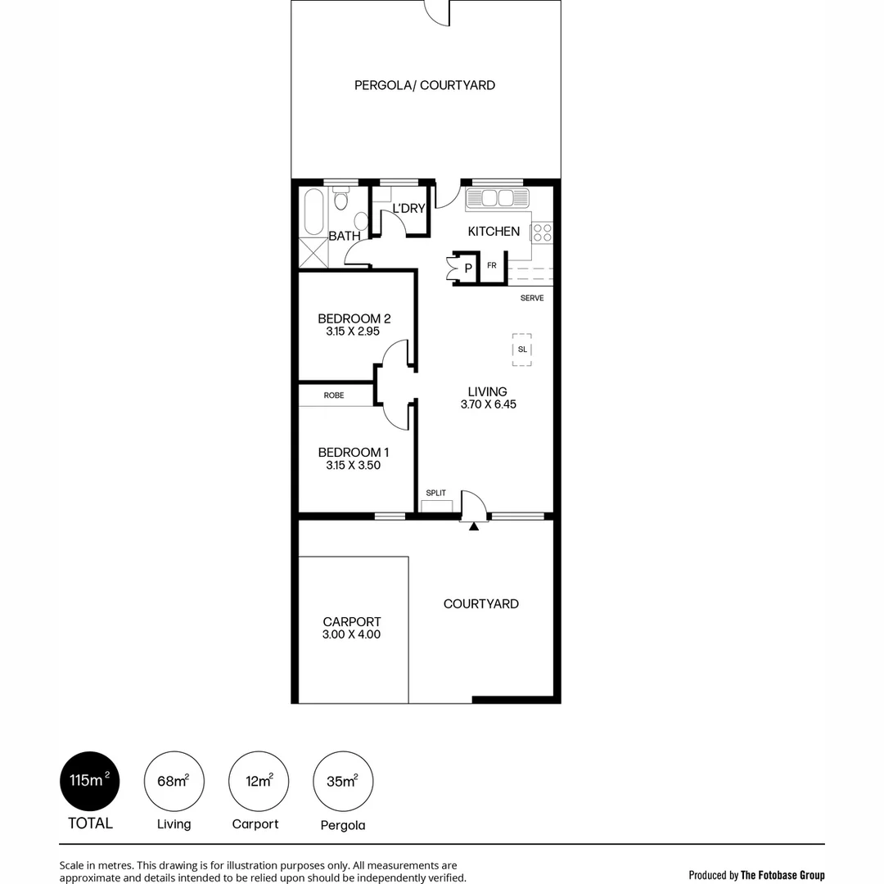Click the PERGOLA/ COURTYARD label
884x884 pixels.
click(x=424, y=85)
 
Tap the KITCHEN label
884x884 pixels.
click(x=494, y=232)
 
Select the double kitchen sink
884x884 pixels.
click(x=498, y=198)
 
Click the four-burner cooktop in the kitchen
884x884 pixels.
click(x=542, y=232)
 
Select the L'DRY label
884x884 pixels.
click(x=409, y=209)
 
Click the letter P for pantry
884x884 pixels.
click(x=468, y=268)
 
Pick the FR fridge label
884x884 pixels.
click(x=492, y=265)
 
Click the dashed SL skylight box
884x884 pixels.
click(x=521, y=350)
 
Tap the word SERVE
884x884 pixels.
click(x=532, y=298)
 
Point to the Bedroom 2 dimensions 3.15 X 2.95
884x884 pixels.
click(x=354, y=331)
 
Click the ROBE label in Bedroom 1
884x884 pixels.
click(x=333, y=395)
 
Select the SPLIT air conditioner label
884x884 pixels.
click(x=435, y=494)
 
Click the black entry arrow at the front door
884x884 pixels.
click(x=473, y=526)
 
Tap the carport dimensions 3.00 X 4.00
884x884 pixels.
click(x=351, y=634)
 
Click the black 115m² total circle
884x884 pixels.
click(x=90, y=781)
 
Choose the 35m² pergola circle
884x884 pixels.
click(x=343, y=781)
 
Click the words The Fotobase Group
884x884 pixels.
click(x=783, y=875)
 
